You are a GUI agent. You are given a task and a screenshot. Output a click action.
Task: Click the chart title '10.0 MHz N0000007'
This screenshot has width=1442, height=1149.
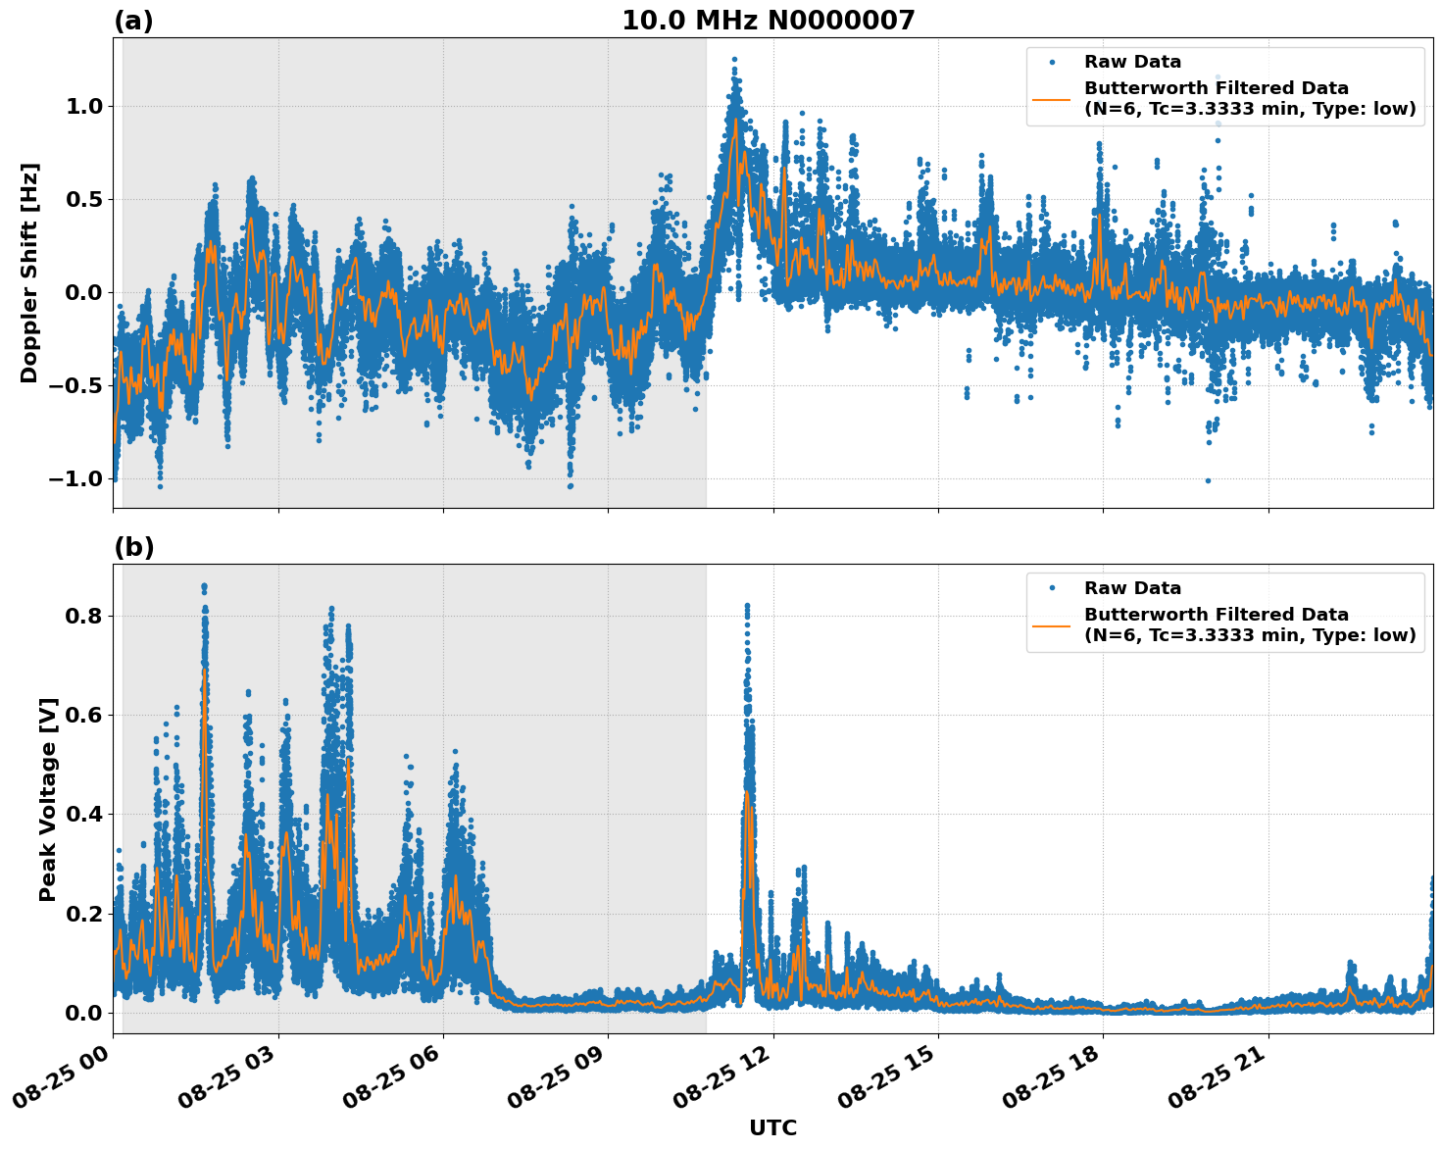pos(768,21)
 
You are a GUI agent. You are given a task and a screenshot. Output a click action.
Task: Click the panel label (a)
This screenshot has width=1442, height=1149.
pos(133,21)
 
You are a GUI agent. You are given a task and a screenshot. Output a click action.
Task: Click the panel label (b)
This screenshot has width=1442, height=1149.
pos(133,547)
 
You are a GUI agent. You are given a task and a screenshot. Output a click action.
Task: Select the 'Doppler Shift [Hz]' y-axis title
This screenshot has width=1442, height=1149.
pos(29,273)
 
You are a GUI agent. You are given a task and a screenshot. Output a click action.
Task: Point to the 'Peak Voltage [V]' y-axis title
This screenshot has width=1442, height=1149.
pos(48,799)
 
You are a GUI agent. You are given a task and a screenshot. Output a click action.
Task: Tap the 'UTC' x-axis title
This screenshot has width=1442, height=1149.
pos(772,1128)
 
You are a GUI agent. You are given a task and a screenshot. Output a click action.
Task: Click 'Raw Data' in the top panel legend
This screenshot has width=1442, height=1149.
pos(1132,63)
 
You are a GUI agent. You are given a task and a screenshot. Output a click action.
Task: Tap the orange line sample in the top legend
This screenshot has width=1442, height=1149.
pos(1052,99)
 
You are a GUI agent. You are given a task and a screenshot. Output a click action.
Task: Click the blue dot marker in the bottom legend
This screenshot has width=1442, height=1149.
pos(1052,588)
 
